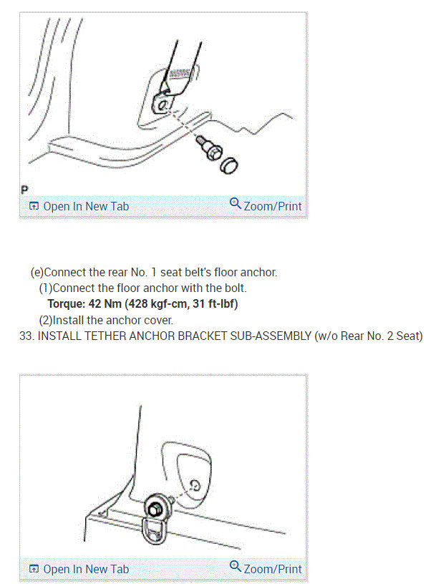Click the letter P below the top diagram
point(24,190)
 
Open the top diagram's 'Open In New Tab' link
point(79,206)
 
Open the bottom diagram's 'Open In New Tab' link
point(79,569)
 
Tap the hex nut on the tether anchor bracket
point(155,509)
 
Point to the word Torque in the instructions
point(67,303)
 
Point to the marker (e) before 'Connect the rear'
point(37,272)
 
